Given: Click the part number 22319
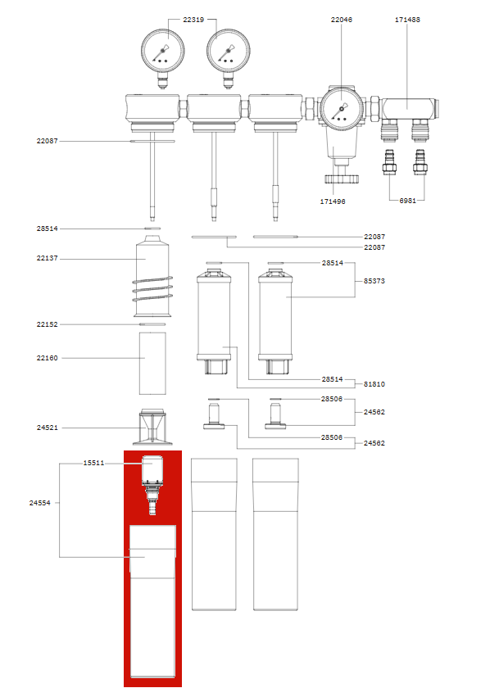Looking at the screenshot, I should [x=193, y=20].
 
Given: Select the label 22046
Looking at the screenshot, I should [x=341, y=20].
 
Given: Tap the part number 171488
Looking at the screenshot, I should [x=407, y=20].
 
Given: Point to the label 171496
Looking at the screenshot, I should [x=333, y=200].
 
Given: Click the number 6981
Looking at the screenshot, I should [x=410, y=200].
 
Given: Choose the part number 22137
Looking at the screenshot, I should [x=47, y=259].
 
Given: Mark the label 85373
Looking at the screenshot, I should [x=374, y=281].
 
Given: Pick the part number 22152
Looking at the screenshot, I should [x=47, y=324].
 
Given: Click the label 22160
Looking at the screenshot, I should [x=47, y=358].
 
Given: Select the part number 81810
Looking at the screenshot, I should [x=374, y=383].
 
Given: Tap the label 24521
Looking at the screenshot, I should [x=47, y=428].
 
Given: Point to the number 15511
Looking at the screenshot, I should [x=93, y=463].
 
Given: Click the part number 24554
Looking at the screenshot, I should [x=39, y=504].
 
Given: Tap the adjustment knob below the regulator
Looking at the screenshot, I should [x=337, y=178].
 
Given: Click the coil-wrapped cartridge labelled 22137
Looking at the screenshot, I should [x=152, y=278].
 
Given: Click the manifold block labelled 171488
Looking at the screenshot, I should [x=407, y=106].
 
